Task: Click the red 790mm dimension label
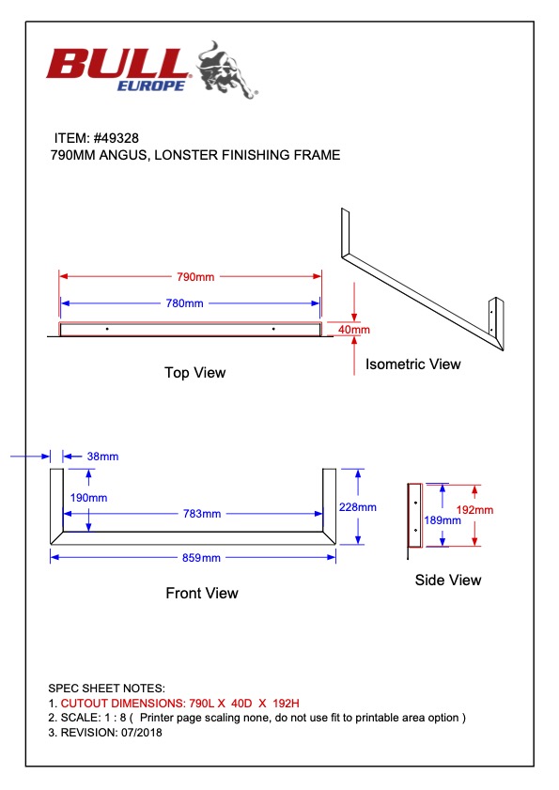[x=195, y=276]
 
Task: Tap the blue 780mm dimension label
[x=184, y=303]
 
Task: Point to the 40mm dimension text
[x=354, y=330]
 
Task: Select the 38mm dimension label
[x=102, y=457]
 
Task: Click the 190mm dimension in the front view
[x=88, y=498]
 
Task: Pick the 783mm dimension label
[x=202, y=514]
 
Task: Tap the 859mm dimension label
[x=201, y=558]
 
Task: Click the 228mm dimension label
[x=357, y=507]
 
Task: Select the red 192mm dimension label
[x=474, y=510]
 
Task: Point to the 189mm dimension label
[x=443, y=520]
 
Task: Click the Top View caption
[x=195, y=373]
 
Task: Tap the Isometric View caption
[x=413, y=364]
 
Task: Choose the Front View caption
[x=202, y=593]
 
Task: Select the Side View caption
[x=448, y=580]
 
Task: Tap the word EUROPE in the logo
[x=151, y=86]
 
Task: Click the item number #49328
[x=116, y=138]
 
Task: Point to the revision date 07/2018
[x=142, y=733]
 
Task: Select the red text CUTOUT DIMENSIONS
[x=123, y=704]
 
